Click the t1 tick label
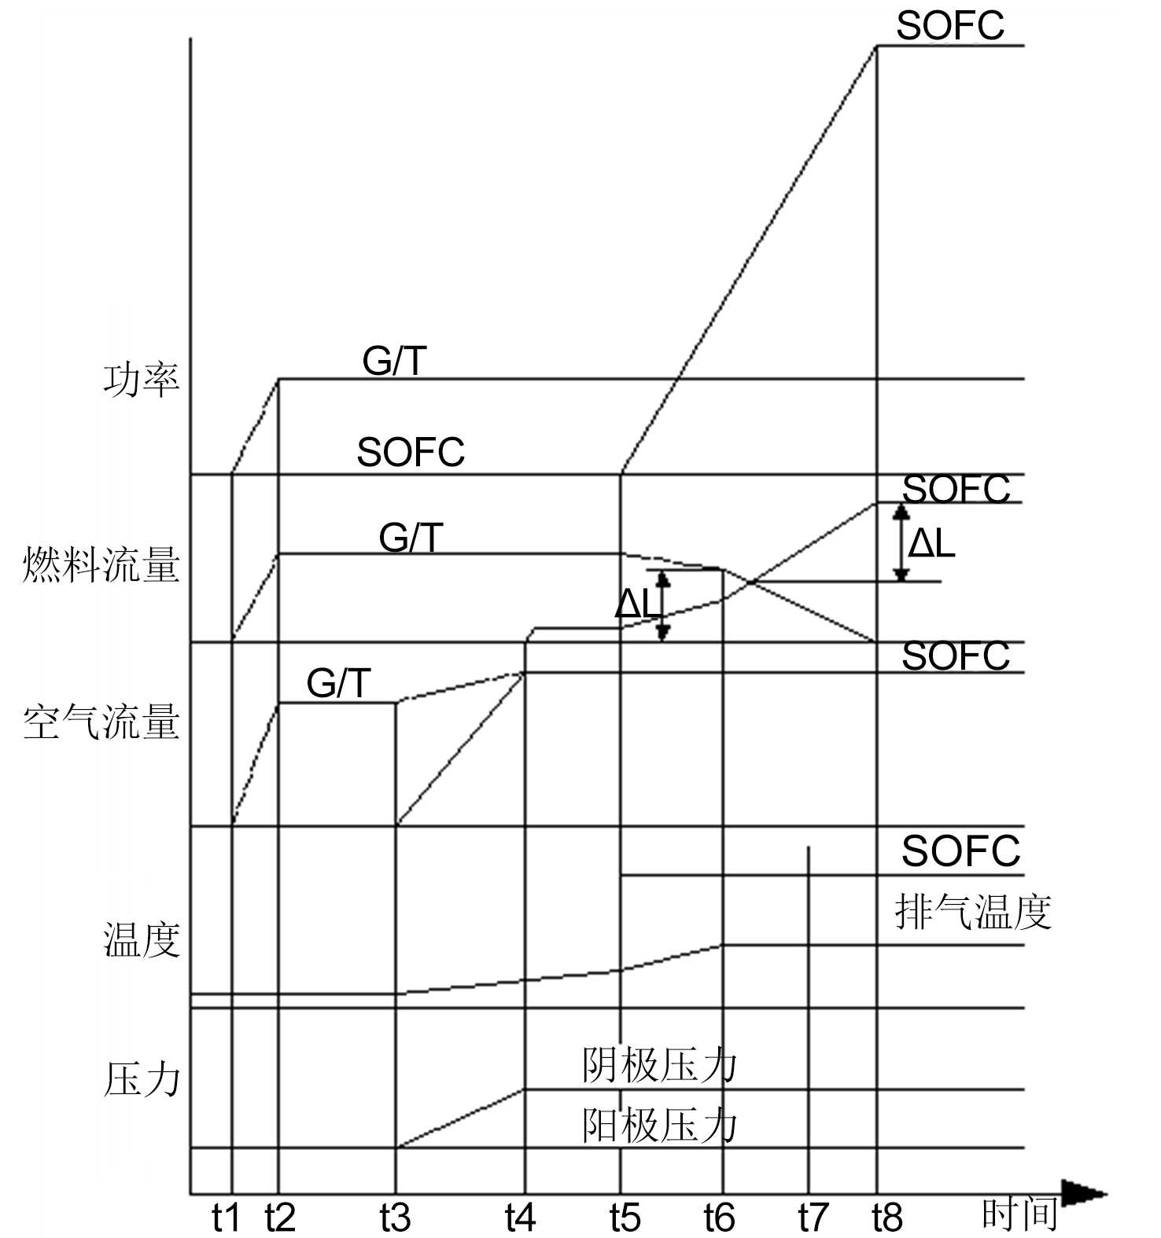226,1218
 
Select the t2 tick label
279,1218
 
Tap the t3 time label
395,1218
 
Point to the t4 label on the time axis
520,1218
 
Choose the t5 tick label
625,1218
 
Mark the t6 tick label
719,1218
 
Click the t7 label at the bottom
813,1218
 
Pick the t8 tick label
887,1218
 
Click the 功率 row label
142,380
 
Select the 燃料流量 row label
101,564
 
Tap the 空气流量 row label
101,722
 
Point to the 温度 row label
142,939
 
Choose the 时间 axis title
1019,1214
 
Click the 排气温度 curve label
973,913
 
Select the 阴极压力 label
659,1067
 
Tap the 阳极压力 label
659,1126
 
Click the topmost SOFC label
950,25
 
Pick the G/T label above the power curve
394,362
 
